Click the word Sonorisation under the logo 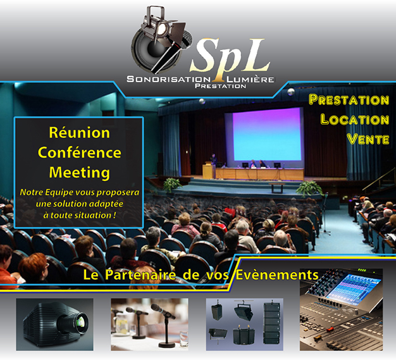point(168,79)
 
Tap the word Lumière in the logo point(251,79)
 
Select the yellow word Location point(355,120)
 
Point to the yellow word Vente point(368,139)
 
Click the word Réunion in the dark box point(80,133)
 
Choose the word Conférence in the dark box point(80,152)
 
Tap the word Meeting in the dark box point(80,173)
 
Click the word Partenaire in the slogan point(140,275)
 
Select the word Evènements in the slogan point(277,275)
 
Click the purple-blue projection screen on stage point(267,134)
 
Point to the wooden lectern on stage point(208,171)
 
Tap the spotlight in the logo point(159,25)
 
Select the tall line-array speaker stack point(271,323)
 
